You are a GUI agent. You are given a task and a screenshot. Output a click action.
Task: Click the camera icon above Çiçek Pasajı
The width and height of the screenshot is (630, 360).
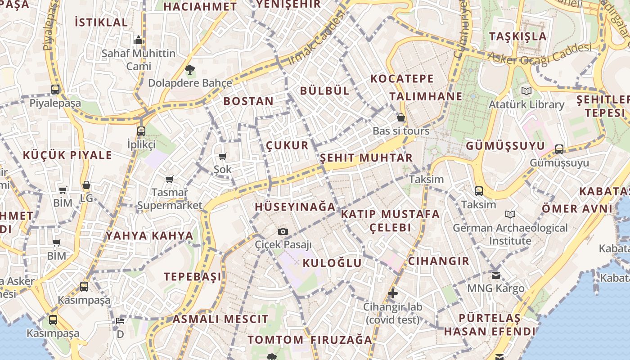[283, 231]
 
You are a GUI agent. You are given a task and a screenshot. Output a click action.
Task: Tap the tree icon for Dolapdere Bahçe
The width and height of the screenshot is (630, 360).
[190, 70]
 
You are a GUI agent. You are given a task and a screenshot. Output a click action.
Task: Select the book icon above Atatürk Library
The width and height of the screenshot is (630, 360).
[526, 91]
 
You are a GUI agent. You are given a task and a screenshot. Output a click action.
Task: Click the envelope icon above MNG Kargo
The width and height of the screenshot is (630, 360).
[496, 275]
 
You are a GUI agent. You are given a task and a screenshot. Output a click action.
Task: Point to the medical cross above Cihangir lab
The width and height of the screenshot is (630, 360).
[393, 294]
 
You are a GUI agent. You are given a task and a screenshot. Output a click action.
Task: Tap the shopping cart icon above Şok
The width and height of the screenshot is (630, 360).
[222, 157]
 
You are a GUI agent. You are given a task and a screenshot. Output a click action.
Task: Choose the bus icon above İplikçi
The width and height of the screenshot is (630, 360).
[141, 131]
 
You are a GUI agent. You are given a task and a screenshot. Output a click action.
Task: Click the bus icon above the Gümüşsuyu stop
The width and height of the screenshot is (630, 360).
[559, 149]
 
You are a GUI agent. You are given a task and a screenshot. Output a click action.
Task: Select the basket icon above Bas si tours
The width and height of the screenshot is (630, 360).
[401, 118]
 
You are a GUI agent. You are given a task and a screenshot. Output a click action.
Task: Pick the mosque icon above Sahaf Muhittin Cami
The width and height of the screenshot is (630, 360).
[139, 40]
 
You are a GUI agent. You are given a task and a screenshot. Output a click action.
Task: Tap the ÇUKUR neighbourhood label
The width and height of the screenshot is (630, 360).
[287, 145]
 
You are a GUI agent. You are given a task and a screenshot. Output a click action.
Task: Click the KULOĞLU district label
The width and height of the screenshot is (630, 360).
[332, 263]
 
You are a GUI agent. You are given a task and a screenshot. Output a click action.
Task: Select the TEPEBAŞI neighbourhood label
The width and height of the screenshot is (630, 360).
[193, 277]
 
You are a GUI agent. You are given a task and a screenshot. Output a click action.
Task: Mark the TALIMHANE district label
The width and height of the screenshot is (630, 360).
[426, 96]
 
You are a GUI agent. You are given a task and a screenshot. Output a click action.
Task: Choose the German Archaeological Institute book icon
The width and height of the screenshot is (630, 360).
[510, 214]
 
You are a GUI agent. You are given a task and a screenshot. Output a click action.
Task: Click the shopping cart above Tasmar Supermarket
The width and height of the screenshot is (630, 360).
[170, 180]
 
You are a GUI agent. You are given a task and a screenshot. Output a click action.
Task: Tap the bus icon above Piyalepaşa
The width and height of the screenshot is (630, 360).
[55, 90]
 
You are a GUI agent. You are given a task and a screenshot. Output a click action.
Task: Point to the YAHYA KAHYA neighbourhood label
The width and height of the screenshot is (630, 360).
[149, 236]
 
